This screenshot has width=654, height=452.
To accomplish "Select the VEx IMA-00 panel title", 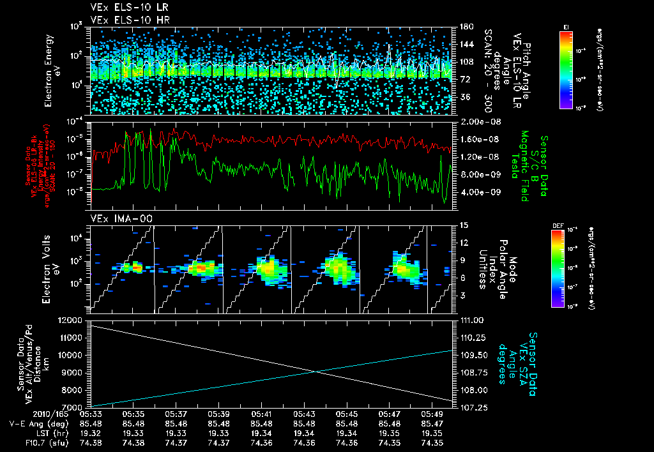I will click(113, 219).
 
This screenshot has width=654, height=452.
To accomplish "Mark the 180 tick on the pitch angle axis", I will click(464, 26).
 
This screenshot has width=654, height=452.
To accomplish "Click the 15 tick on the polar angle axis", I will click(463, 225).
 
